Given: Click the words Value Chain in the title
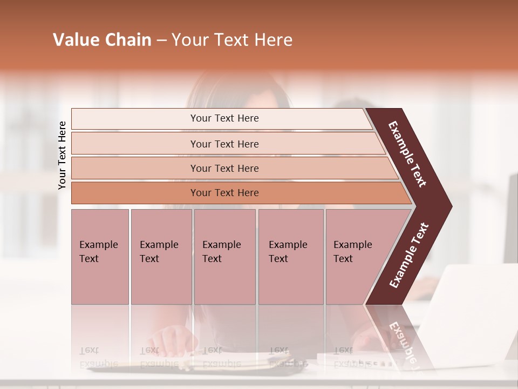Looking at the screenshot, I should point(102,40).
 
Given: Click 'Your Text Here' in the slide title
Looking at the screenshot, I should point(232,40).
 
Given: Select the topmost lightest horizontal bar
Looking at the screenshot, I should point(135,119).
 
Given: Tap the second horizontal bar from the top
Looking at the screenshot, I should point(135,144).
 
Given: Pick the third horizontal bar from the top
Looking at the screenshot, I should point(135,168).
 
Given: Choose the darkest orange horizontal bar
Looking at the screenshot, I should point(135,193).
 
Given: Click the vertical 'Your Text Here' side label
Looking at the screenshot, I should point(62,155).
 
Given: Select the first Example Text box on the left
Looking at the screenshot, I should point(100,257).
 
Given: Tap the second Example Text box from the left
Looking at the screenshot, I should point(161,257).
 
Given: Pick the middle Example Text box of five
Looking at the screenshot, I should point(224,257).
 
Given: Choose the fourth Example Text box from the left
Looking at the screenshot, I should point(291,257).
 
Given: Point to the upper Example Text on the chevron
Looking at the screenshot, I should point(407,154).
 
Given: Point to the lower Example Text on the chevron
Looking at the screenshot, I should point(408,256).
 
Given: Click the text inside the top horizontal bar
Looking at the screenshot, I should point(224,118).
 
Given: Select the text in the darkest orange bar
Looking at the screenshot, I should point(224,193).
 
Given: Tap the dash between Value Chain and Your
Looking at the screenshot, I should point(161,41).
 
